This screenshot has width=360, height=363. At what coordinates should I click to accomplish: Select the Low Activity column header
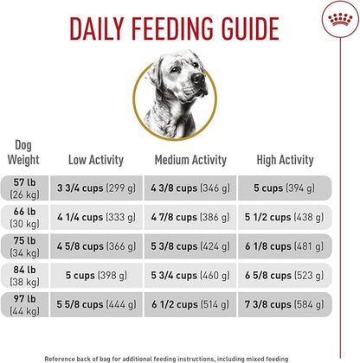tap(96, 159)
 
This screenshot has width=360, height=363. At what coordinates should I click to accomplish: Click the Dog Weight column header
tap(24, 152)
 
